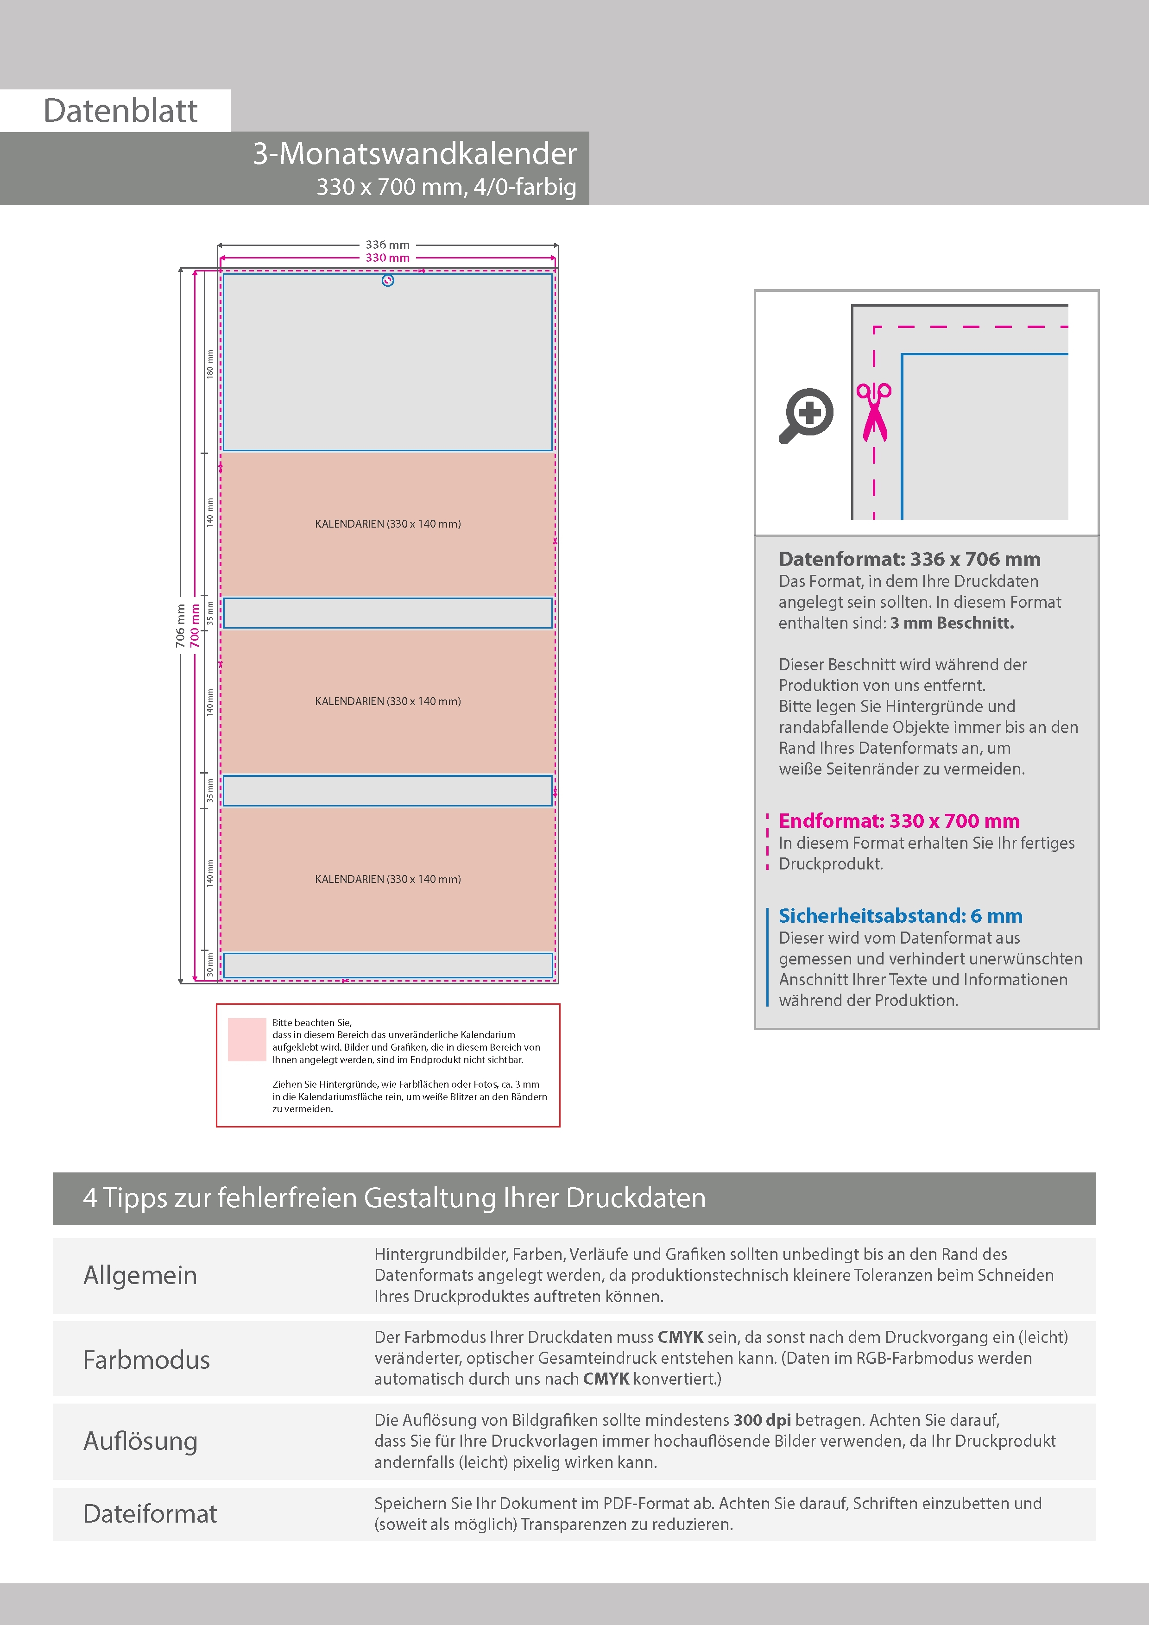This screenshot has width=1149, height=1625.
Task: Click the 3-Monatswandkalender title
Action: (x=415, y=154)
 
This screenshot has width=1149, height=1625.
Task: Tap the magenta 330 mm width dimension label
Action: (x=387, y=258)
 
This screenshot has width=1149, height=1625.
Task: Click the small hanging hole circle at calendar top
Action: (x=387, y=281)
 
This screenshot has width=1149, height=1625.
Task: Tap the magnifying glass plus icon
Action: (x=806, y=416)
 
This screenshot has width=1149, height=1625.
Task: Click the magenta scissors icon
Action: (x=874, y=411)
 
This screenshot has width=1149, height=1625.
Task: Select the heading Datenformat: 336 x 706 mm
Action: (x=909, y=559)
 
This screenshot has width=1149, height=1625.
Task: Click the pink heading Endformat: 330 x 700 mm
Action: (x=899, y=821)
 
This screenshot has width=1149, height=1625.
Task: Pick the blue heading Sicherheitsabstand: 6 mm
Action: (x=901, y=916)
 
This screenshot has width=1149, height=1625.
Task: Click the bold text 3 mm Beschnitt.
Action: (x=952, y=623)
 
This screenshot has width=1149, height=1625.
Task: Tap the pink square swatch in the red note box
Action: (x=246, y=1039)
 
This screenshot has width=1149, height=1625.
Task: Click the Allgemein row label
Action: (x=140, y=1275)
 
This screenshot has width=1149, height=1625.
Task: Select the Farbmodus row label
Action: (x=146, y=1360)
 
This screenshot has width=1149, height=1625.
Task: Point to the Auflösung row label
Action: (x=140, y=1441)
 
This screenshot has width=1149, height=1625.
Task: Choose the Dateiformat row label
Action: (x=150, y=1514)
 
